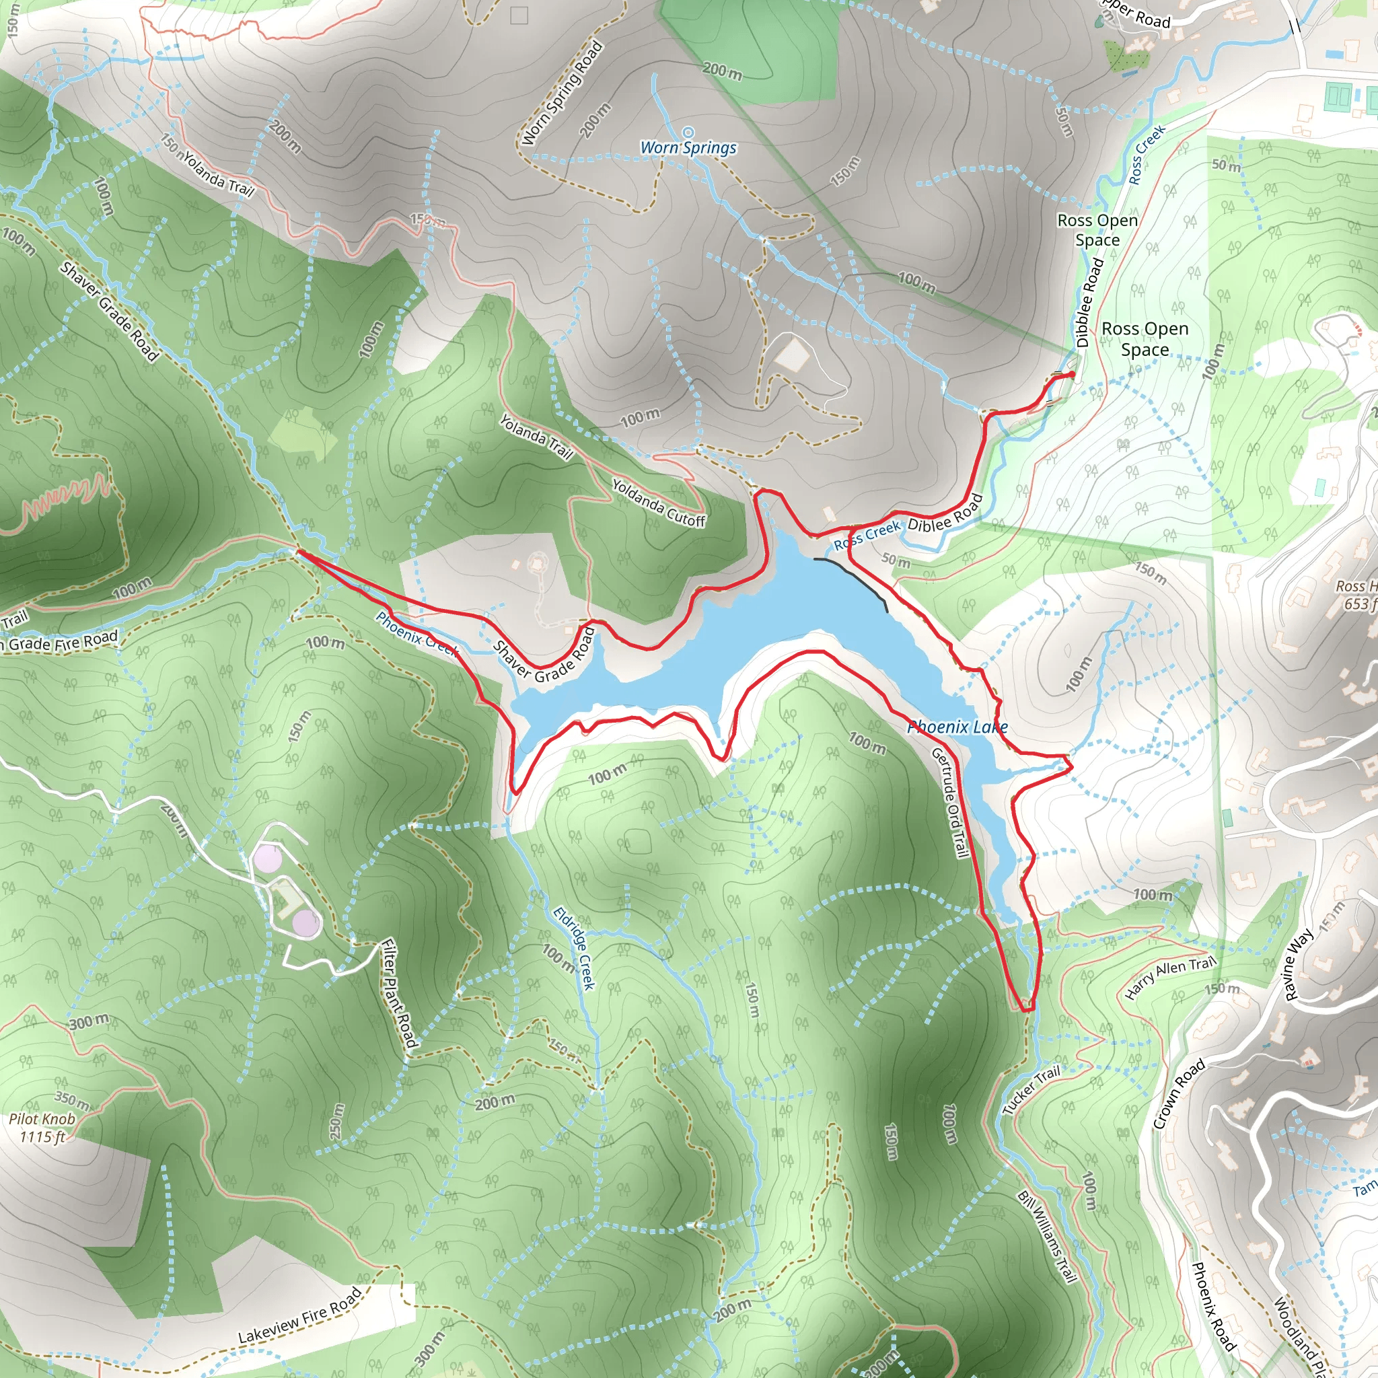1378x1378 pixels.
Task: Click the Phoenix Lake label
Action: pyautogui.click(x=957, y=727)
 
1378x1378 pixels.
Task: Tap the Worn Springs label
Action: pyautogui.click(x=688, y=147)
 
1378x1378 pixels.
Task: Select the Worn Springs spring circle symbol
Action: pyautogui.click(x=688, y=132)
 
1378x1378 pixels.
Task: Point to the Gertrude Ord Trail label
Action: pyautogui.click(x=950, y=803)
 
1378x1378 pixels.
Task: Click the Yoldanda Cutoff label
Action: pyautogui.click(x=658, y=503)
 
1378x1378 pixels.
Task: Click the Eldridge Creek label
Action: pyautogui.click(x=575, y=948)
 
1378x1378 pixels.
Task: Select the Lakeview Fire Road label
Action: pyautogui.click(x=299, y=1315)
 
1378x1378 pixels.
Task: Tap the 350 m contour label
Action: pyautogui.click(x=72, y=1101)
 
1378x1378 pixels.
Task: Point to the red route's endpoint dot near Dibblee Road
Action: pyautogui.click(x=1071, y=375)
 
